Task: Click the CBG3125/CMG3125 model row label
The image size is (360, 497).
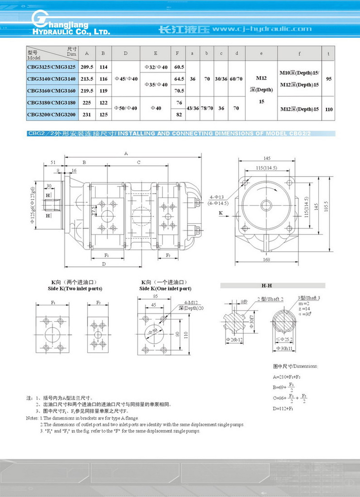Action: (51, 66)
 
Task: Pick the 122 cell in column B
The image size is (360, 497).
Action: (103, 102)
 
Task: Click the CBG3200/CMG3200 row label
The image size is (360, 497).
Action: (51, 114)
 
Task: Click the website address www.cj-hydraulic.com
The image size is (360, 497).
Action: (262, 29)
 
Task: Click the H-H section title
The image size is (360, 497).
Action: (266, 285)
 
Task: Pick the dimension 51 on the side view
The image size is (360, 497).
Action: (53, 162)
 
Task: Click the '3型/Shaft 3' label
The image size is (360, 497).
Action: (309, 298)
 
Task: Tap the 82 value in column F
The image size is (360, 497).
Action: (179, 114)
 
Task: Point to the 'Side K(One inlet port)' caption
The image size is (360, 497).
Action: (165, 289)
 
